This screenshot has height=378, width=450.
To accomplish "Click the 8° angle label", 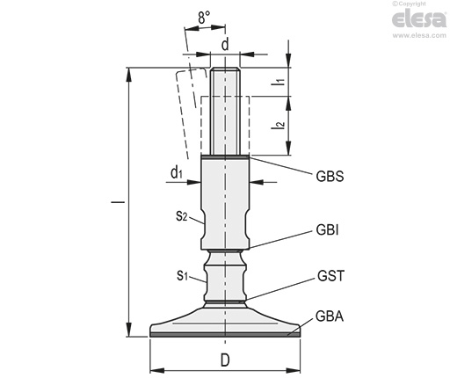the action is click(204, 18).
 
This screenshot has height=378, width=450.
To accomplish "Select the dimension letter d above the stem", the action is click(225, 45).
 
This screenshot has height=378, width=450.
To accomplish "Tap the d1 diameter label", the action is click(177, 173).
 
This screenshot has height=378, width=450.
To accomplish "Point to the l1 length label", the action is click(280, 82).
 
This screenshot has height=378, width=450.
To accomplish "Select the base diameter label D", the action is click(225, 360).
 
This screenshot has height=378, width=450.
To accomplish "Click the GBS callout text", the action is click(330, 177).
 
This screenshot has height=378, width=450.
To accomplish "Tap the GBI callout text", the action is click(327, 230).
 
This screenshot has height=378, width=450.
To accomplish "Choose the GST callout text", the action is click(330, 276).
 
